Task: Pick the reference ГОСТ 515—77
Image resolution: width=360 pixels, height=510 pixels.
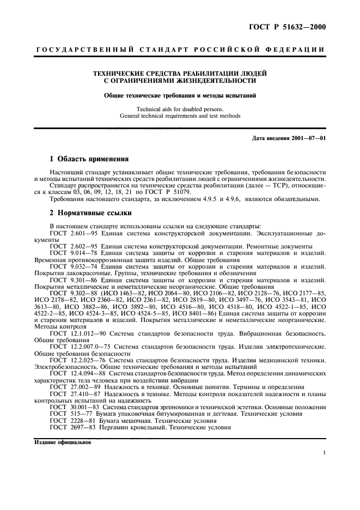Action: tap(71, 414)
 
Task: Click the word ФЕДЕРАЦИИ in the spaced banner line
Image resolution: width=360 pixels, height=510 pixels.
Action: tap(296, 50)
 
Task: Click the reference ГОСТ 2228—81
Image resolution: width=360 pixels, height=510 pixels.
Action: tap(73, 421)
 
